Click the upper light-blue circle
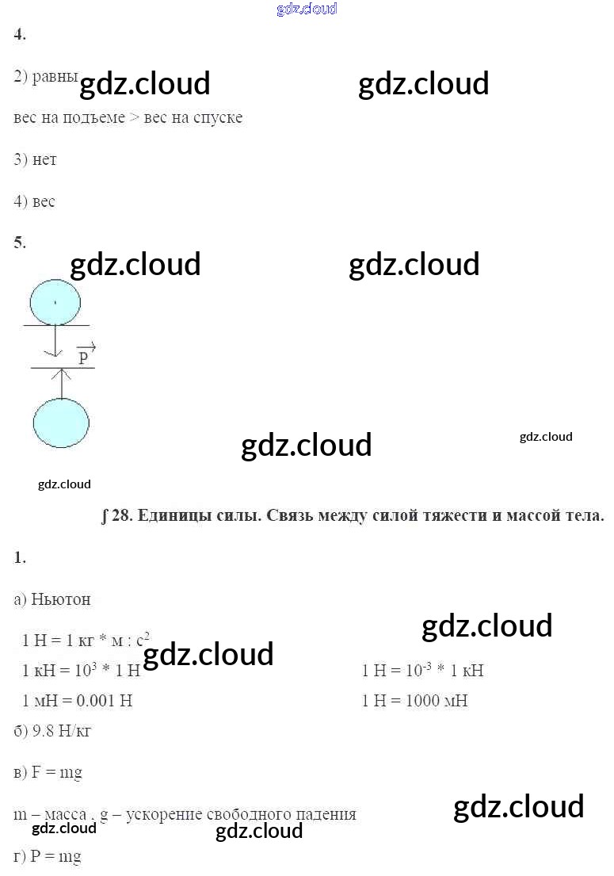pos(55,302)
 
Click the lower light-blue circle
pos(61,423)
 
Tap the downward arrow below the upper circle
pos(54,342)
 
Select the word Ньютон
pos(61,599)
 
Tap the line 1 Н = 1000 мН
pos(414,701)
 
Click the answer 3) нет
pos(36,159)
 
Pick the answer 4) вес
pos(36,201)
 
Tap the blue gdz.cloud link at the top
pos(307,9)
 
